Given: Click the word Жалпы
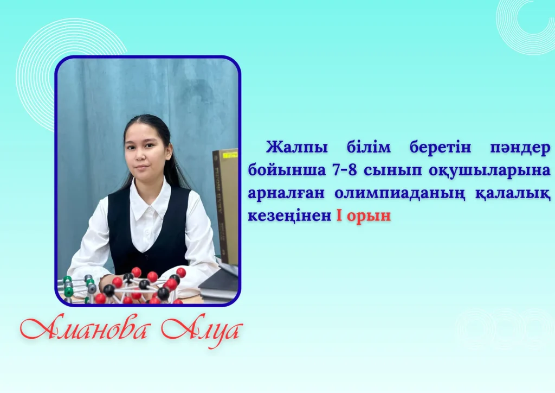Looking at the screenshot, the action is (296, 148).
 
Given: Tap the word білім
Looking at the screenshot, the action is (369, 147).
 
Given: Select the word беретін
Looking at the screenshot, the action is (440, 147).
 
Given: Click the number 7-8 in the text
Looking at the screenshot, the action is (344, 170).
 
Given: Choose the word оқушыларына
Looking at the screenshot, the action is (490, 171).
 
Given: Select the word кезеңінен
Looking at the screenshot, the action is (289, 215).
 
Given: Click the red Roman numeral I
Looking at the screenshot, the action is (339, 215).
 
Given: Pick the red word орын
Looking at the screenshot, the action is (369, 217).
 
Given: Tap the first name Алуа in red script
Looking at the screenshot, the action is (202, 331).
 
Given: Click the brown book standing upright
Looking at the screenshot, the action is (225, 206).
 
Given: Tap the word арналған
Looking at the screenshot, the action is (286, 194).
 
